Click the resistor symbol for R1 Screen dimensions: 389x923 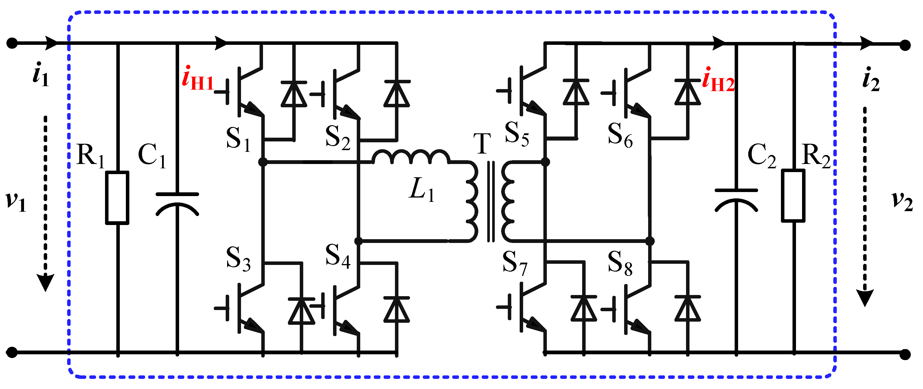click(x=117, y=198)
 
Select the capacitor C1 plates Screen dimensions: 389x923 click(x=177, y=204)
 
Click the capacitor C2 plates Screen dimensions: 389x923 click(x=736, y=201)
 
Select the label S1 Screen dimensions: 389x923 click(x=238, y=139)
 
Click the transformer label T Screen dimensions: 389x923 click(x=482, y=144)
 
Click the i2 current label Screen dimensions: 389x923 click(x=871, y=80)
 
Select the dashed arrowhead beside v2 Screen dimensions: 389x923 click(x=865, y=297)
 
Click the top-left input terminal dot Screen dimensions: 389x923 click(x=12, y=43)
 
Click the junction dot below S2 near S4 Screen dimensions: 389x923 click(x=358, y=241)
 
